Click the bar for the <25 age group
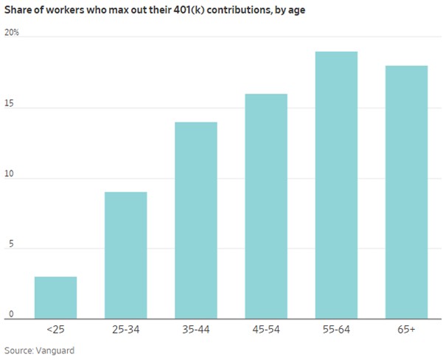(55, 298)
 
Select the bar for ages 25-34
(125, 255)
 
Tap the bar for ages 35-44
(196, 221)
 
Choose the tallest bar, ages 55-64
(336, 185)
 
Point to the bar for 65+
(406, 193)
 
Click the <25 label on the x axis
(55, 330)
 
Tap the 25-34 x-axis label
(125, 330)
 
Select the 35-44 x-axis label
(196, 330)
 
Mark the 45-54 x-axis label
(266, 330)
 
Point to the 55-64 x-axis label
(336, 330)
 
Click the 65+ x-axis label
(406, 330)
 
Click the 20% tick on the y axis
(12, 32)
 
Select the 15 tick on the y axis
(9, 103)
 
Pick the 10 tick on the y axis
(9, 174)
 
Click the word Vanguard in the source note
(55, 350)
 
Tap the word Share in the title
(20, 10)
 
